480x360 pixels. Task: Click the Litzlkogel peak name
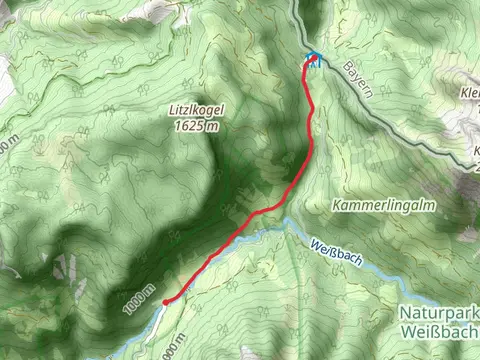pos(196,112)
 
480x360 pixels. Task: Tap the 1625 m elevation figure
pos(196,126)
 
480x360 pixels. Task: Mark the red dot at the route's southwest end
pos(165,299)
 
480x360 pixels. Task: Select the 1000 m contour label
pos(141,301)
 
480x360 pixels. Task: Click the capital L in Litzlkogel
pos(173,112)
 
